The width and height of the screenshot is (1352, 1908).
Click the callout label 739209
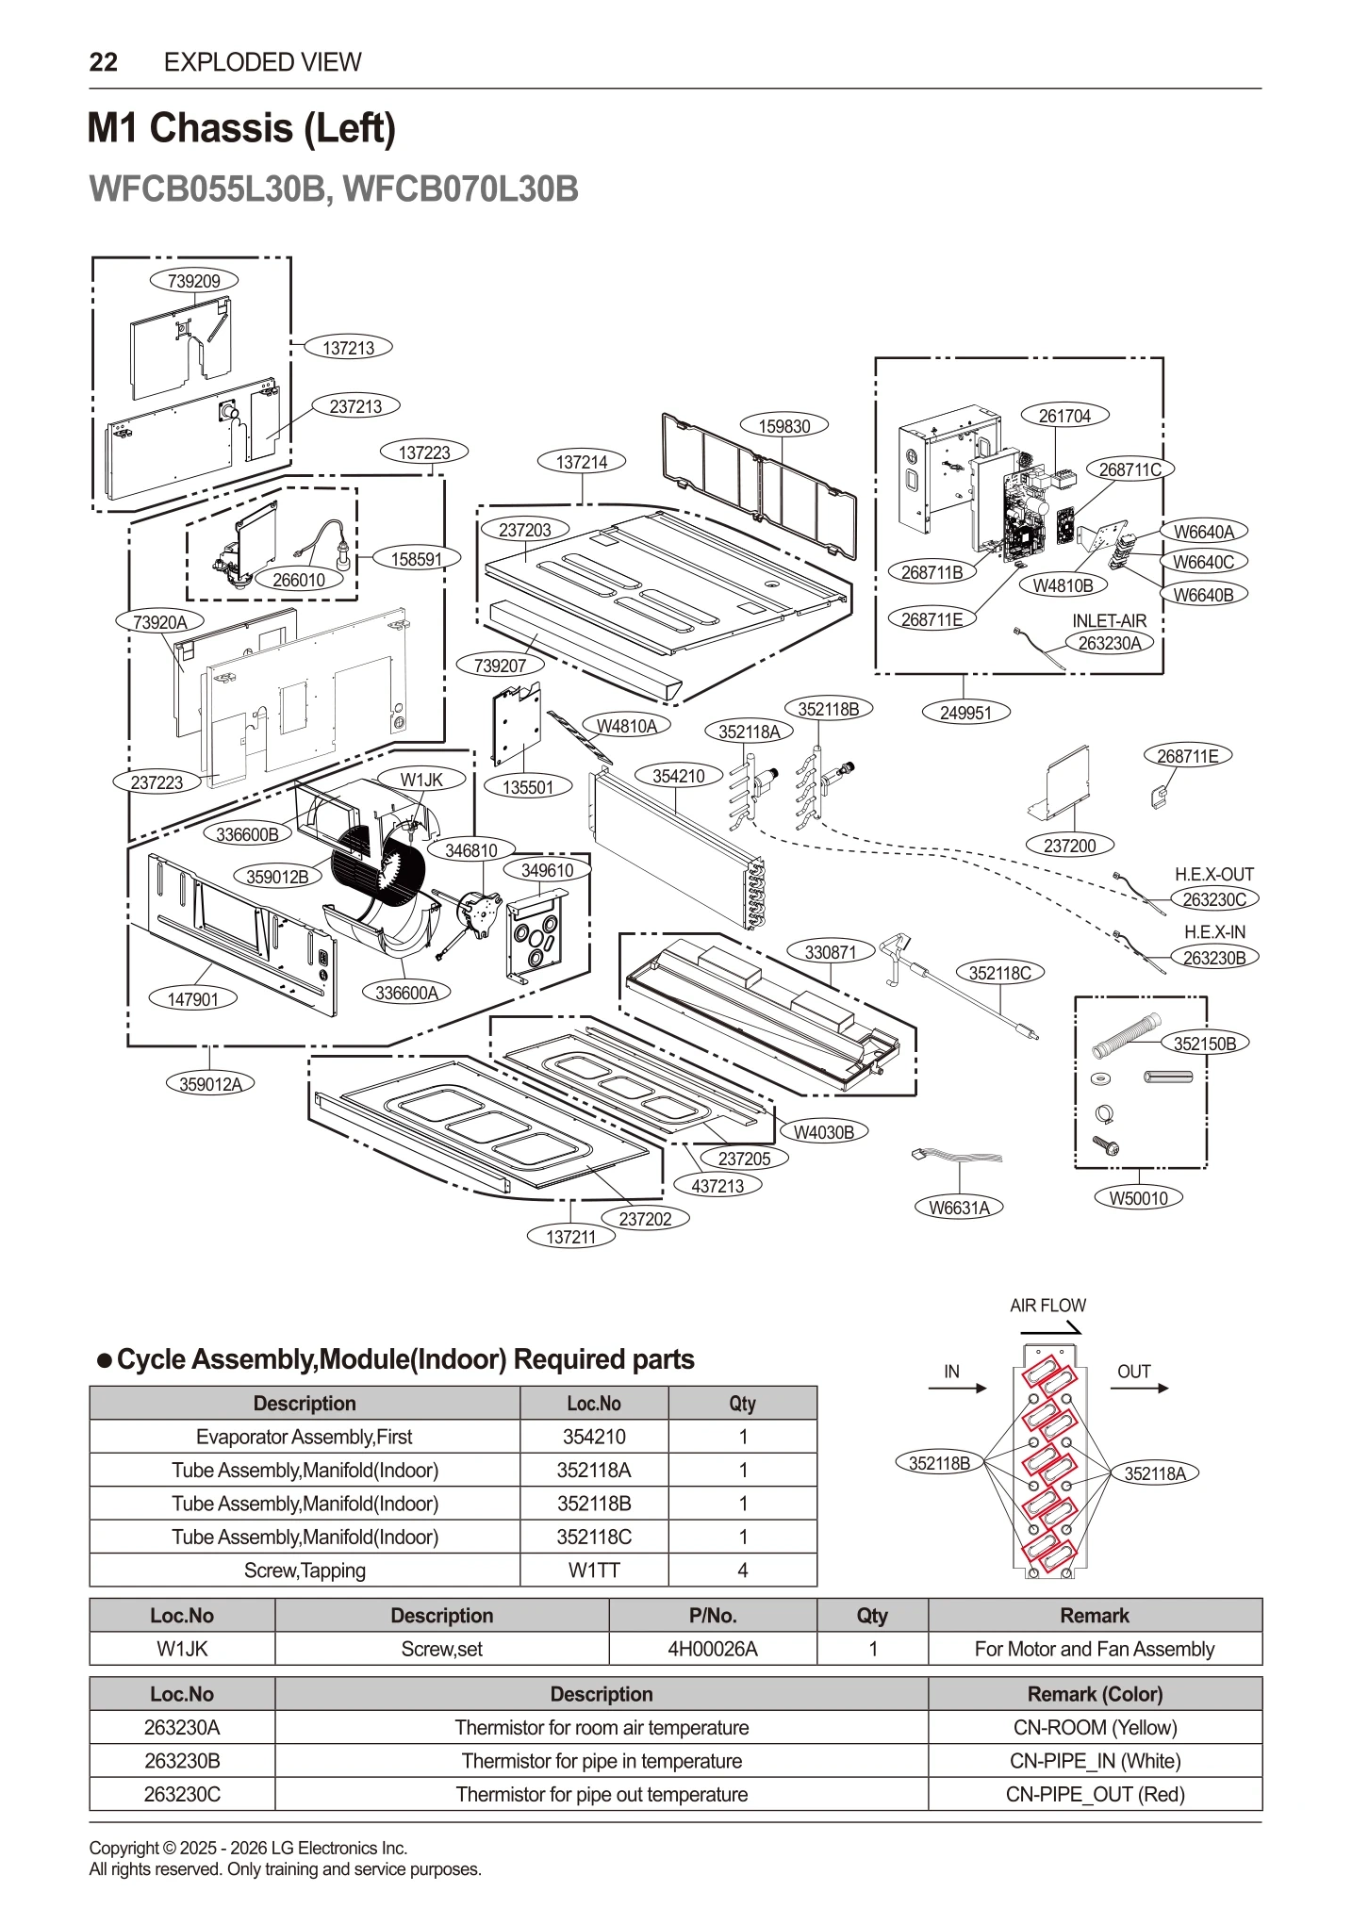pyautogui.click(x=193, y=280)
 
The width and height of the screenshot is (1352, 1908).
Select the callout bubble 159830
pyautogui.click(x=783, y=426)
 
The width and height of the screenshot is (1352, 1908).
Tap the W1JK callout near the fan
pyautogui.click(x=421, y=780)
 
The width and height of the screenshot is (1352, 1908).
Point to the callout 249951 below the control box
pyautogui.click(x=965, y=713)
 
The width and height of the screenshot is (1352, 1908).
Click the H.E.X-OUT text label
pyautogui.click(x=1213, y=875)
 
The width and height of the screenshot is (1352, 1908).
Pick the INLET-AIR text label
pyautogui.click(x=1109, y=621)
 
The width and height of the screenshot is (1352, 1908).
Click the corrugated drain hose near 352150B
pyautogui.click(x=1127, y=1036)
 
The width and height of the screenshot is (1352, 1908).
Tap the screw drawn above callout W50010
pyautogui.click(x=1104, y=1145)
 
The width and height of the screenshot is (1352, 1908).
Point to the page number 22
pyautogui.click(x=103, y=62)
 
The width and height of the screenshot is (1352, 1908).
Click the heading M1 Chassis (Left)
pyautogui.click(x=241, y=128)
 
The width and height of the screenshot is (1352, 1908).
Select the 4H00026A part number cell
pyautogui.click(x=712, y=1649)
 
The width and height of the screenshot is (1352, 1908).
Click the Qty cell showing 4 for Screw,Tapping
pyautogui.click(x=742, y=1571)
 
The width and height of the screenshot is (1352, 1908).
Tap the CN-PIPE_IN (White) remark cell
pyautogui.click(x=1095, y=1761)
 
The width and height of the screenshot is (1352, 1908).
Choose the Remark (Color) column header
pyautogui.click(x=1095, y=1694)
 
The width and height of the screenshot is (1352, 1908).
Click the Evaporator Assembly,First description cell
pyautogui.click(x=304, y=1437)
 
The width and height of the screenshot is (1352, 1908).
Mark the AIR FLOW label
pyautogui.click(x=1047, y=1306)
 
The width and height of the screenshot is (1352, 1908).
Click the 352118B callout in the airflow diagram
pyautogui.click(x=939, y=1463)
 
